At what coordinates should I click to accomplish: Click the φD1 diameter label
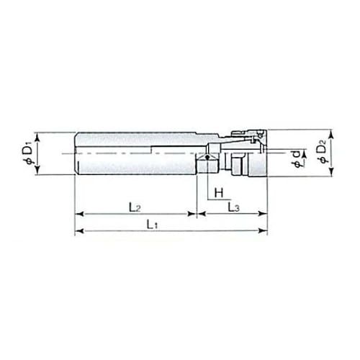pyautogui.click(x=27, y=153)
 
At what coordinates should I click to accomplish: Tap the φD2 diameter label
pyautogui.click(x=323, y=151)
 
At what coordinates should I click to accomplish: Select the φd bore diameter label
pyautogui.click(x=297, y=158)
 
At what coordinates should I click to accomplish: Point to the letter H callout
pyautogui.click(x=219, y=192)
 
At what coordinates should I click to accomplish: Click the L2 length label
pyautogui.click(x=135, y=207)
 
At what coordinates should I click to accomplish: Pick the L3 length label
pyautogui.click(x=233, y=207)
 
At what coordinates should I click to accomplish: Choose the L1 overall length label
pyautogui.click(x=152, y=225)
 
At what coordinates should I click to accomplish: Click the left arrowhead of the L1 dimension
pyautogui.click(x=79, y=231)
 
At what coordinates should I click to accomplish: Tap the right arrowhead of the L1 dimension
pyautogui.click(x=263, y=231)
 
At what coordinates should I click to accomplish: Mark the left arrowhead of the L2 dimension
pyautogui.click(x=79, y=214)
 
